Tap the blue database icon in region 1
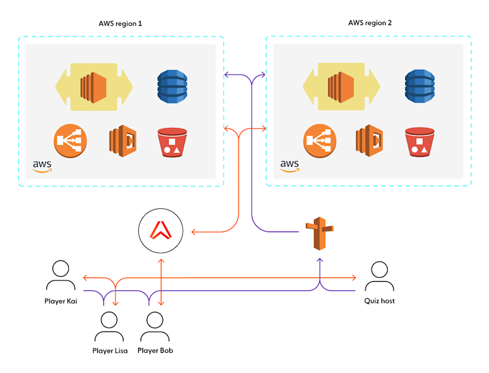coord(171,86)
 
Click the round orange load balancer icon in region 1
coord(70,141)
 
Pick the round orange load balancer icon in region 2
coord(319,141)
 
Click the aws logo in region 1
coord(43,166)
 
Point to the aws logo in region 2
coord(290,166)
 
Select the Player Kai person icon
coord(61,276)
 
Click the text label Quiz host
coord(380,301)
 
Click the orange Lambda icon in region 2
coord(369,140)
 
